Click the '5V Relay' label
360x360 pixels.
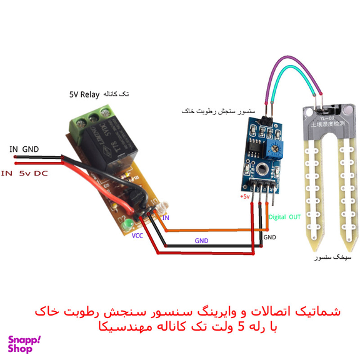(x=84, y=94)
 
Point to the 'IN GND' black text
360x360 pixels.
(x=24, y=149)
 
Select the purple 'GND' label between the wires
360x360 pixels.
(x=201, y=239)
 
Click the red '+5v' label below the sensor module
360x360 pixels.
(x=244, y=197)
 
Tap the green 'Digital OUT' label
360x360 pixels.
(x=284, y=217)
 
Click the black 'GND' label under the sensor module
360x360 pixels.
(x=269, y=237)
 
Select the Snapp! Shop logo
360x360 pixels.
(x=24, y=344)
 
